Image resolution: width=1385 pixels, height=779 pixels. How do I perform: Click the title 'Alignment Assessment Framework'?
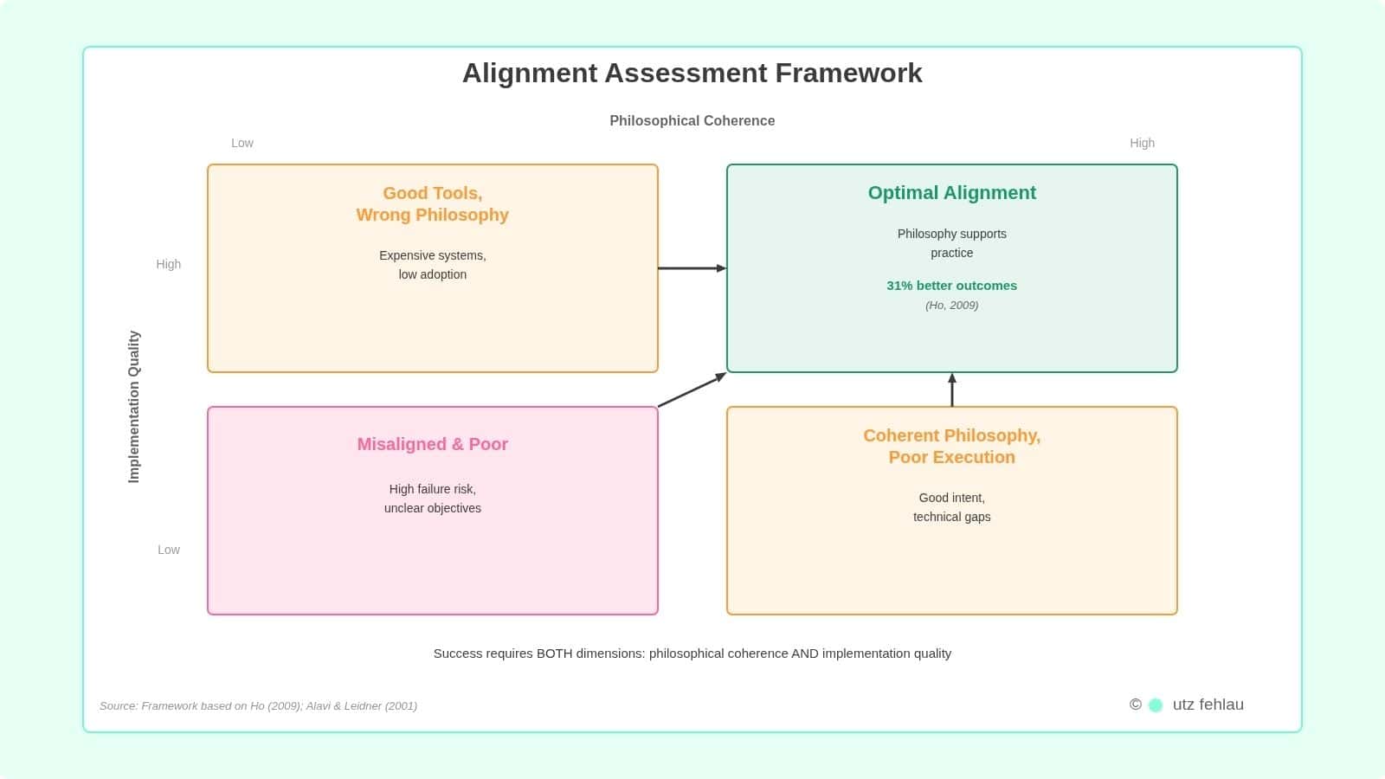tap(692, 73)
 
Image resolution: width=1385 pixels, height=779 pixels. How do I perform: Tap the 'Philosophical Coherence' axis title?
tap(692, 120)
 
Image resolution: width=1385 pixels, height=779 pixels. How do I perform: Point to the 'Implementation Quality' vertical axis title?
tap(134, 406)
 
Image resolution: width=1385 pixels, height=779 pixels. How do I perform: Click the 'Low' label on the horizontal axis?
tap(242, 143)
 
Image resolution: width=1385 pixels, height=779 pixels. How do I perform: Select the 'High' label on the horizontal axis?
tap(1142, 143)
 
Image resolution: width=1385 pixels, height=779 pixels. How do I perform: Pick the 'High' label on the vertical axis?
tap(169, 264)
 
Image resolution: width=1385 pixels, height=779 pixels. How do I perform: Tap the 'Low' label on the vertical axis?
tap(169, 550)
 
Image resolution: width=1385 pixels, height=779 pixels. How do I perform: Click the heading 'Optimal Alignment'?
tap(951, 193)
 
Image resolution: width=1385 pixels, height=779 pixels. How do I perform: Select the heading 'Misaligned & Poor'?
tap(432, 444)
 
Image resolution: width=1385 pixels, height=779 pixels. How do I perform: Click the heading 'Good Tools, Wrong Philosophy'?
tap(432, 204)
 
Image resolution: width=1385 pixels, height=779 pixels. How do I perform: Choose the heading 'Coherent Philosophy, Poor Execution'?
tap(951, 447)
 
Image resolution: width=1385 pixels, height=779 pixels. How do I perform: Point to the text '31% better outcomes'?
tap(951, 286)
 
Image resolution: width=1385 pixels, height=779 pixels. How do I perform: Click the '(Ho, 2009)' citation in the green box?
tap(951, 306)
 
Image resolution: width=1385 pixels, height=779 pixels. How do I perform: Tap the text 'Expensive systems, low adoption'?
tap(432, 265)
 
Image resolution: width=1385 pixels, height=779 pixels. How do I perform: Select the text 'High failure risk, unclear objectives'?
tap(432, 499)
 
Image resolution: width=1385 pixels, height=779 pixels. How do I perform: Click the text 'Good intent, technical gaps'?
tap(951, 507)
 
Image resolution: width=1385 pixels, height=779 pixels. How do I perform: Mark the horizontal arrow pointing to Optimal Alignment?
tap(692, 268)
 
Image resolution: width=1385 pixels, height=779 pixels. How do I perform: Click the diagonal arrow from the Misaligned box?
tap(692, 389)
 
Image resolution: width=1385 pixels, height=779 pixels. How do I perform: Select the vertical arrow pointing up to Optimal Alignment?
tap(952, 390)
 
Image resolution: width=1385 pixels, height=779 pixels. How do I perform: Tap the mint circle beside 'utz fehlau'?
tap(1155, 705)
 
